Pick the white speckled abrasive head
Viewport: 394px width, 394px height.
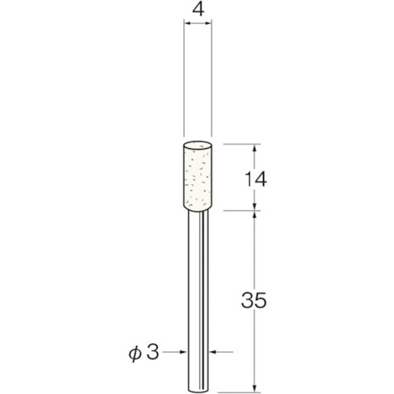pos(198,177)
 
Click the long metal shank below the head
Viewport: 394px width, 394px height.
pos(198,289)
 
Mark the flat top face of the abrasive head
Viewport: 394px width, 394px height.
pos(198,146)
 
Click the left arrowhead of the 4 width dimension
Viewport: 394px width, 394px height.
pos(187,27)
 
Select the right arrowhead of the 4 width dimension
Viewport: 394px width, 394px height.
pos(208,27)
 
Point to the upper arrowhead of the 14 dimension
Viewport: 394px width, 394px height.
pos(255,149)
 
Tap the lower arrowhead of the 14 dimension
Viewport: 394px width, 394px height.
pos(255,207)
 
